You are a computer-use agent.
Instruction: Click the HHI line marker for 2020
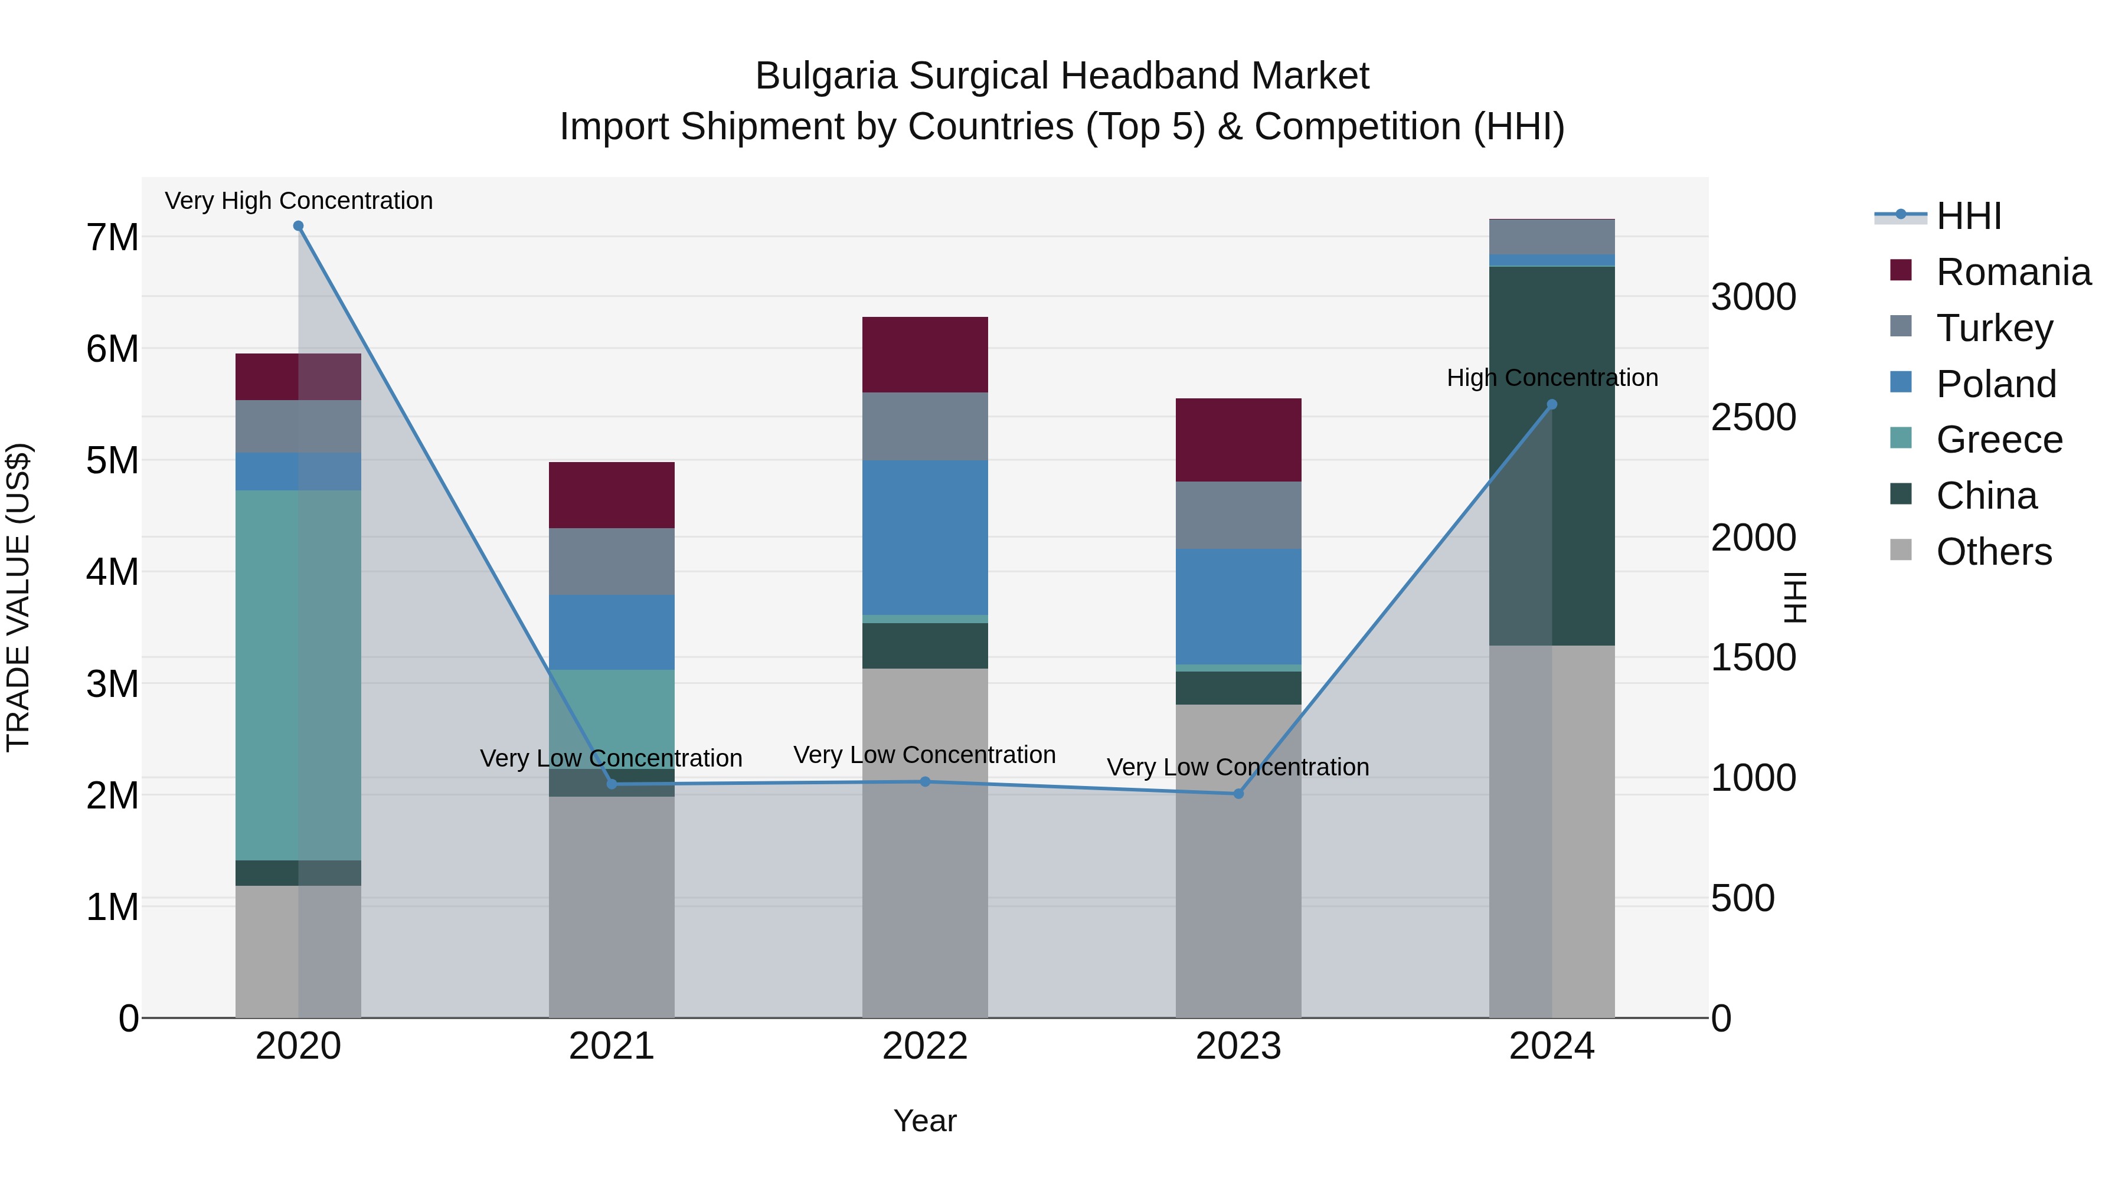299,226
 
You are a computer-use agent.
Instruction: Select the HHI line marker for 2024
1552,404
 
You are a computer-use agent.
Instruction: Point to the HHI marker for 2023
1238,793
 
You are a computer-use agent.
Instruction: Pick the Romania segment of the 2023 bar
1238,440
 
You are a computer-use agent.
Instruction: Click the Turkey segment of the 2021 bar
612,561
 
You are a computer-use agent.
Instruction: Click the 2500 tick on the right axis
1753,417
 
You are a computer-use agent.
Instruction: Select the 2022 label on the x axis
925,1046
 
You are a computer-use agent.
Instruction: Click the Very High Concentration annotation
299,201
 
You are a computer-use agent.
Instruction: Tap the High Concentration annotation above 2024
1552,378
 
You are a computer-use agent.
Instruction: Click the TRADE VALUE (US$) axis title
19,597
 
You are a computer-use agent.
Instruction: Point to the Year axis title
925,1121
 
